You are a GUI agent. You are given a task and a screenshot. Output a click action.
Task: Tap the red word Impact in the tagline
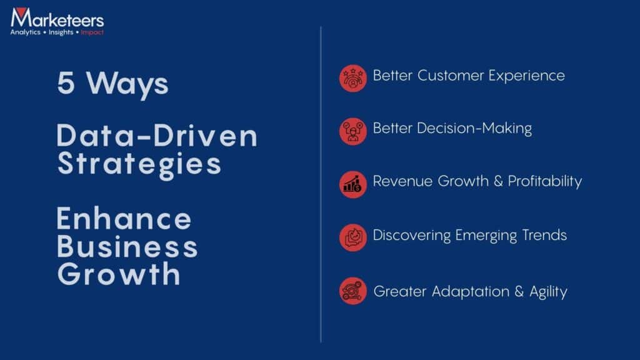(92, 32)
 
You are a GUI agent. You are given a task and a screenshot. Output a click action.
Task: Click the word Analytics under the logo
(25, 32)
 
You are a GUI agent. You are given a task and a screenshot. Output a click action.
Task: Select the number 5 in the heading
(66, 82)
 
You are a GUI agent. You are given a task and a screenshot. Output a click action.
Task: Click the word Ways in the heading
(127, 82)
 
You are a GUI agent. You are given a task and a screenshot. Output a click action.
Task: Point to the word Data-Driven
(157, 136)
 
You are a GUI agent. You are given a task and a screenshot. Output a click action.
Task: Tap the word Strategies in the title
(139, 163)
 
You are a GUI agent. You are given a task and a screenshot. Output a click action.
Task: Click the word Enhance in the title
(124, 219)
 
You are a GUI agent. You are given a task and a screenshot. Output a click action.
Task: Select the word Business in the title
(127, 246)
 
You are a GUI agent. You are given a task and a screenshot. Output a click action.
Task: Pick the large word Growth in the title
(119, 274)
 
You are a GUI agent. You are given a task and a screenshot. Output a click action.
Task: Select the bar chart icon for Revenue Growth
(353, 184)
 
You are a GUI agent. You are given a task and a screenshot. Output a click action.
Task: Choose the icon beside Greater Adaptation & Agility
(353, 291)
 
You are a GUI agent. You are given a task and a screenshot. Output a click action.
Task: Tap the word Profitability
(544, 181)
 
